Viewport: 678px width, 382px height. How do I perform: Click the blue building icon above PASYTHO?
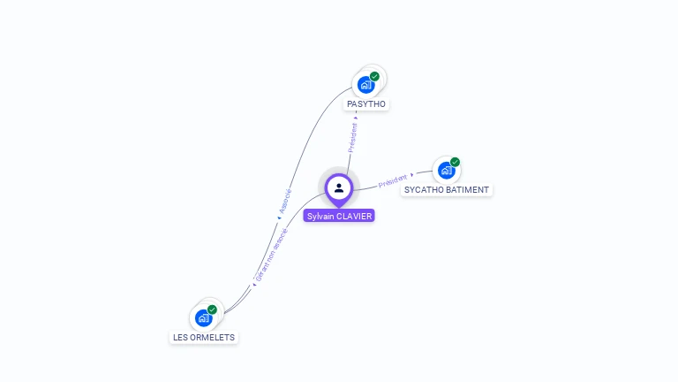(365, 85)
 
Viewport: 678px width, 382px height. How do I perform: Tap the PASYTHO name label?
(366, 104)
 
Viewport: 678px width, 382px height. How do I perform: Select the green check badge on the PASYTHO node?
(374, 77)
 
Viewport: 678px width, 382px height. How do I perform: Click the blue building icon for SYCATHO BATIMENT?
(446, 170)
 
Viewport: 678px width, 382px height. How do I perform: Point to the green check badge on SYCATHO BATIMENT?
(455, 162)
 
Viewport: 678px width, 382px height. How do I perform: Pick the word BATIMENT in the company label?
(468, 190)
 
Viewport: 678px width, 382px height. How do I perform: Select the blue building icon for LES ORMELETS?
(203, 317)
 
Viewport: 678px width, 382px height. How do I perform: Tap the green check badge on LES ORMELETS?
(212, 309)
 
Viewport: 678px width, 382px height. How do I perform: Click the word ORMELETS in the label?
(213, 338)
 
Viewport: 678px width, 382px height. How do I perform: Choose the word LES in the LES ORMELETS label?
(180, 338)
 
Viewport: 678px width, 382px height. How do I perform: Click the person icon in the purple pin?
(339, 187)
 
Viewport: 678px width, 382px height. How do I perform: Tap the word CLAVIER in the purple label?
(355, 216)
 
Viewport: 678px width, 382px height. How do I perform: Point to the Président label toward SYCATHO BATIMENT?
(393, 180)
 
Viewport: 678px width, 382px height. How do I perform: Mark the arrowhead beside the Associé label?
(279, 217)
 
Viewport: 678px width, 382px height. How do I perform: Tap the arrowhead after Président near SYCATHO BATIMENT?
(412, 175)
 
